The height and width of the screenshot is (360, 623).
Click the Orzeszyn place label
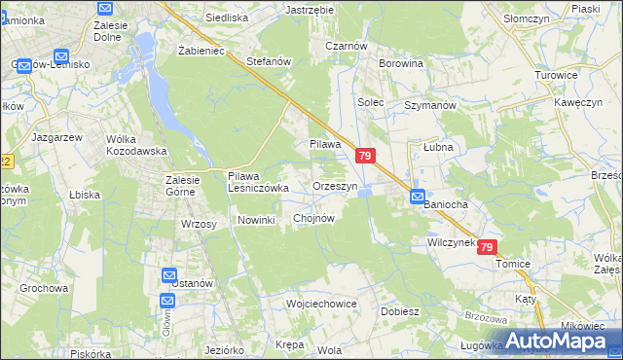pos(336,186)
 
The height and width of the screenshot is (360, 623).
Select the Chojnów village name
pos(314,218)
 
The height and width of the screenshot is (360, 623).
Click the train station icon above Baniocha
pos(417,195)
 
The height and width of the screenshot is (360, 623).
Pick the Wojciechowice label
pos(322,304)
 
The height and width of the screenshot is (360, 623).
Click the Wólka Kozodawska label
pos(137,145)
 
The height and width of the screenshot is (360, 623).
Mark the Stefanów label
pos(270,61)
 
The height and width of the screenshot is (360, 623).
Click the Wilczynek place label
pos(450,242)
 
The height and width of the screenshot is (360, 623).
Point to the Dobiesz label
pos(399,311)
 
